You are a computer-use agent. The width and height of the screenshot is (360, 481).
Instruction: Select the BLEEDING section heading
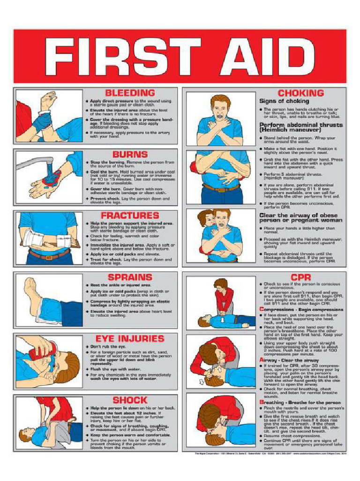[130, 93]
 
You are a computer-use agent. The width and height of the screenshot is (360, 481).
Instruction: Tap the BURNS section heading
[130, 154]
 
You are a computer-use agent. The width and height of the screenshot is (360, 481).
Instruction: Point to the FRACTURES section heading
[130, 216]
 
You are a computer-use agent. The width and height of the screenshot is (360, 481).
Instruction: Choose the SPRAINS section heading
[130, 277]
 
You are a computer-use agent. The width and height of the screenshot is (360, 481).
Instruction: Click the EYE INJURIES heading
[130, 339]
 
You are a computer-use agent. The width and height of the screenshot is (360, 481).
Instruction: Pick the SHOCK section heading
[130, 400]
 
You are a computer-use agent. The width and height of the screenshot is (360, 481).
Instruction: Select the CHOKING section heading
[300, 93]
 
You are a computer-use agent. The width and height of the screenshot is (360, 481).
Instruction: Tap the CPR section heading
[300, 277]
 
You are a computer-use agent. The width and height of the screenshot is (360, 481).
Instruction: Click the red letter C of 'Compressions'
[261, 310]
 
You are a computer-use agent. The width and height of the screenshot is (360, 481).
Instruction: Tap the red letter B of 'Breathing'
[261, 403]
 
